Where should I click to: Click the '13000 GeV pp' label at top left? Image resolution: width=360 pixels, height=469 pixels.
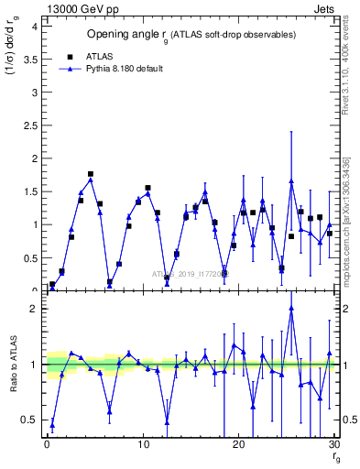tap(77, 7)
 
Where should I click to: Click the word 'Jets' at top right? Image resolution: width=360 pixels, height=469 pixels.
tap(324, 7)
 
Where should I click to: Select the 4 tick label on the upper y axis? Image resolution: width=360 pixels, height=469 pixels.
tap(35, 26)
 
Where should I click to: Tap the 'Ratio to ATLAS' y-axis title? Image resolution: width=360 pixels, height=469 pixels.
tap(13, 364)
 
